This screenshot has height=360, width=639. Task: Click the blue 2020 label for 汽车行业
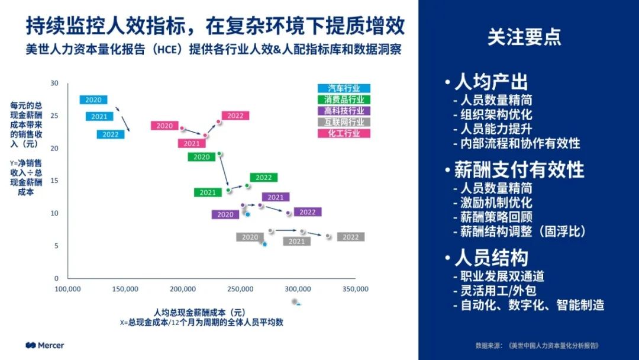(93, 100)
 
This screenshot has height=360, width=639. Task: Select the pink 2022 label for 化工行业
(235, 115)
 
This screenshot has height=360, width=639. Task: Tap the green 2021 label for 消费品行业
(208, 192)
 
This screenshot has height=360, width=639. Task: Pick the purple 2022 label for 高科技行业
(308, 212)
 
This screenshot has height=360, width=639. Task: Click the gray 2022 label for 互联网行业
(351, 237)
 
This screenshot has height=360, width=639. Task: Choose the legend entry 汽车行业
(344, 88)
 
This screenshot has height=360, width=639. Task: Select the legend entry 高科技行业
(344, 111)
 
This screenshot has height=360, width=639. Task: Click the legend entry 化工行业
(344, 133)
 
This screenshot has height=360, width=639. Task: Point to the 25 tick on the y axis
(54, 115)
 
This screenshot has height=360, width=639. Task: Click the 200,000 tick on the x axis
(183, 289)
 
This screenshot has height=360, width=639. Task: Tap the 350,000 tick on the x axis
(356, 289)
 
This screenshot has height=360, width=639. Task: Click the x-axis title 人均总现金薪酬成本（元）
(199, 312)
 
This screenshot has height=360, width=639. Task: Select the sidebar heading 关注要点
(524, 37)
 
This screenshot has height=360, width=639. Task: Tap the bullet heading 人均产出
(490, 82)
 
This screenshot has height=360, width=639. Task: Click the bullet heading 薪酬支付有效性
(518, 170)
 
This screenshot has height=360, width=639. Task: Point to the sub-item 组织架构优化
(496, 115)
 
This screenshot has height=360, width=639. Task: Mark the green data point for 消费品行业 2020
(220, 154)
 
